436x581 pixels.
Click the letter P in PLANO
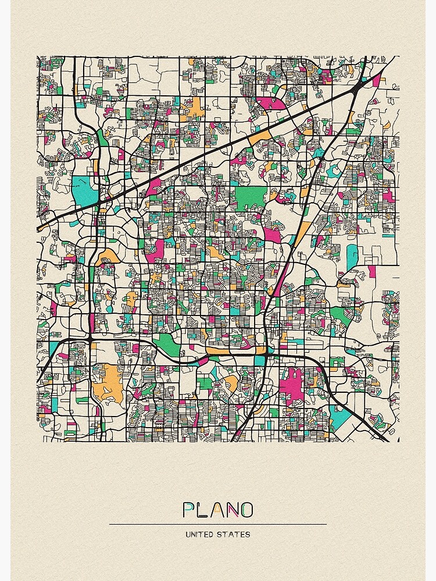188,510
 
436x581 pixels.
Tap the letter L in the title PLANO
202,510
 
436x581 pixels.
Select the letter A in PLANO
217,510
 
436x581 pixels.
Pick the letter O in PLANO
246,510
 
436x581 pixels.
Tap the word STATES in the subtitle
235,534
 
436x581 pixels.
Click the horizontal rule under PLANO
218,524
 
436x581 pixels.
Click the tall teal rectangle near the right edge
352,257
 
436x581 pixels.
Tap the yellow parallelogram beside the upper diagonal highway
260,138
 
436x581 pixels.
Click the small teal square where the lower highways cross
259,360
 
